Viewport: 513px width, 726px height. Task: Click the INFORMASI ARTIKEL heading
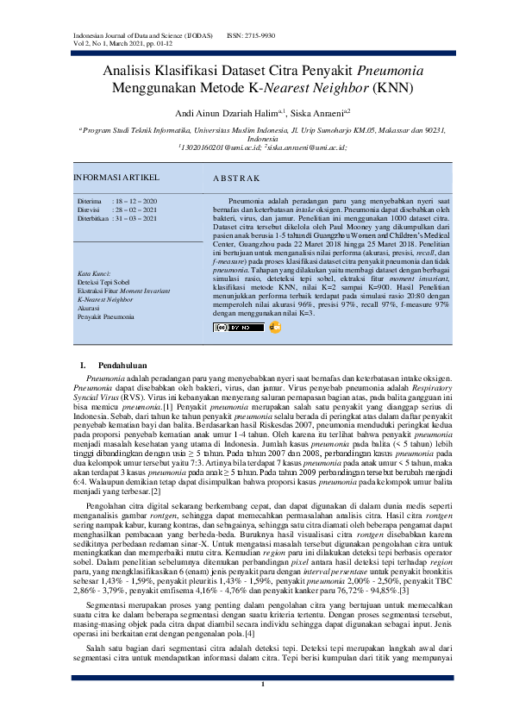click(x=112, y=178)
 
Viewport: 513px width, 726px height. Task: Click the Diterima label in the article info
click(x=90, y=199)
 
